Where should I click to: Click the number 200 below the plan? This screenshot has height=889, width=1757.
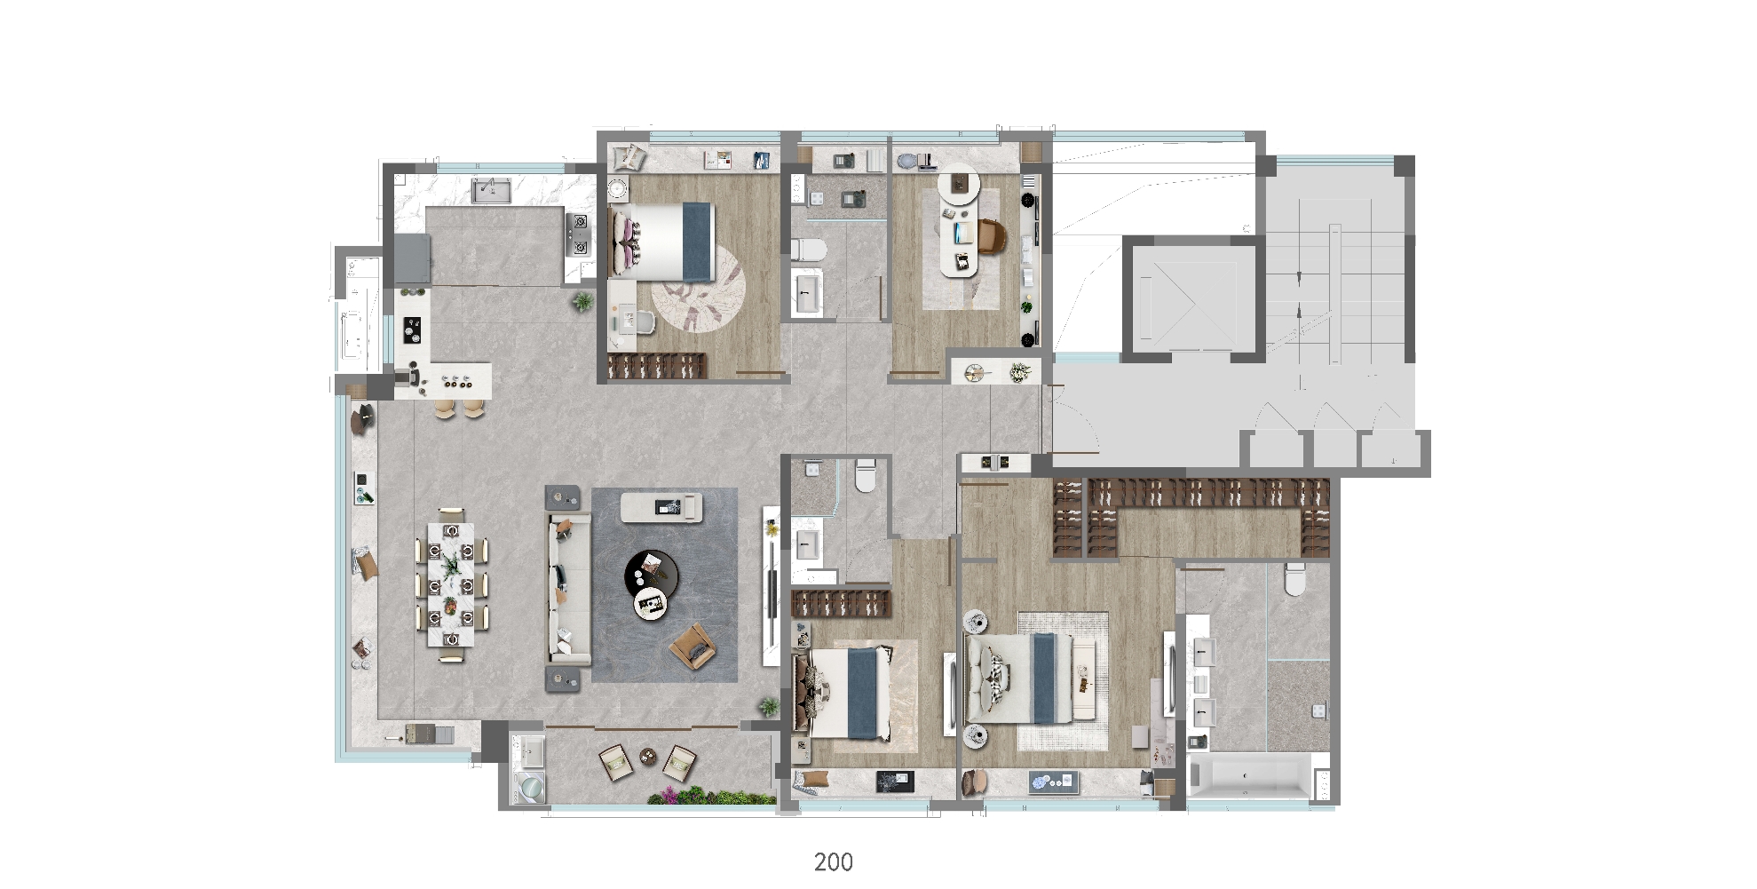[834, 861]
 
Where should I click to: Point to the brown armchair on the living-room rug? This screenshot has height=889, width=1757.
[693, 647]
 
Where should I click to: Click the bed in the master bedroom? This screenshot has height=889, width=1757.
[1029, 679]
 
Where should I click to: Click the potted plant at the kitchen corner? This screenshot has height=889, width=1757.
[582, 301]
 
